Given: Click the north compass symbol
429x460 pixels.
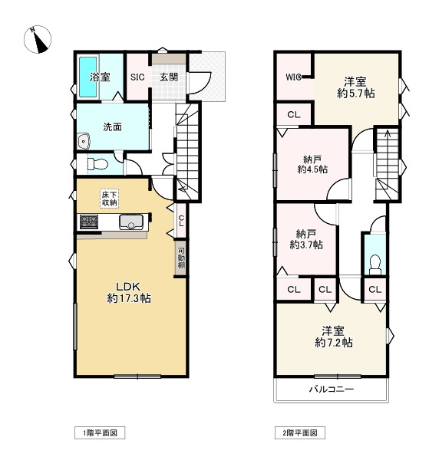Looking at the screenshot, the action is [38, 39].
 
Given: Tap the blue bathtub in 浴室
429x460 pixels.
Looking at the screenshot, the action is [87, 77].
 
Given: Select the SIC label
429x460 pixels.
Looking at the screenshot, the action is [137, 77].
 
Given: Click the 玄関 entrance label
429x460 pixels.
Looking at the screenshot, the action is [169, 77].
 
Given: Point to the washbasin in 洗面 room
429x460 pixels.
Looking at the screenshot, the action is [84, 141].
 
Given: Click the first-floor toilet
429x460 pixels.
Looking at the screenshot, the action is [97, 164].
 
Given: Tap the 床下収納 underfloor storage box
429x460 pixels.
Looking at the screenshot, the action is [110, 199].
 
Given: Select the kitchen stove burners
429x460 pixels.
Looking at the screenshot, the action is [89, 222].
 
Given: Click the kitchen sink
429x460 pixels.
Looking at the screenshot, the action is [131, 222].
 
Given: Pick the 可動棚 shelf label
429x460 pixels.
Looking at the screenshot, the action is [181, 258].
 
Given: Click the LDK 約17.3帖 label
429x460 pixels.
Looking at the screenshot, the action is [129, 293].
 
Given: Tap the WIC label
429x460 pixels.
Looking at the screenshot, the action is [293, 77].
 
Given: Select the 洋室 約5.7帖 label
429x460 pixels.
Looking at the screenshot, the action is [355, 87].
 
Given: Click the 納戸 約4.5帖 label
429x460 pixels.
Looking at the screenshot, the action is [312, 165].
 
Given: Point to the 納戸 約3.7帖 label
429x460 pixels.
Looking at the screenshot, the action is [306, 239].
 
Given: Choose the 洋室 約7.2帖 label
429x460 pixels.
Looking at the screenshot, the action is [334, 337].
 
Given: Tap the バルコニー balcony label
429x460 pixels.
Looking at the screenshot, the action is [332, 389].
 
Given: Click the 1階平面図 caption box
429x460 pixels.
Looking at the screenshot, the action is [100, 432].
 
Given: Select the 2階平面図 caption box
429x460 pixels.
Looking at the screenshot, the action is [300, 432].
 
